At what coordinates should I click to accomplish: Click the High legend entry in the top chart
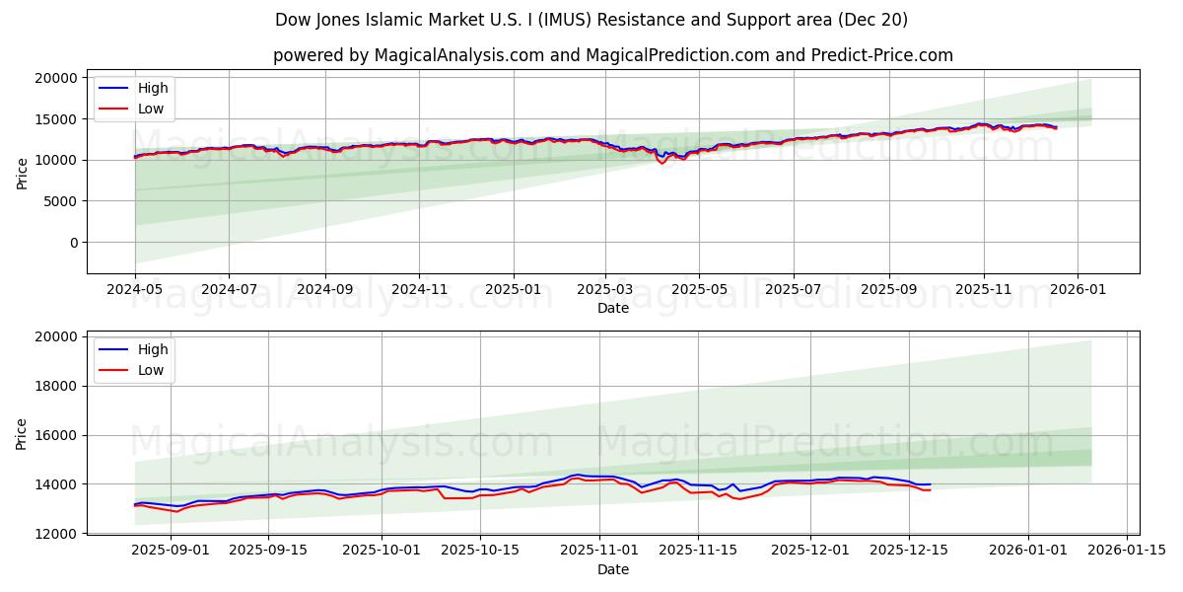tap(153, 88)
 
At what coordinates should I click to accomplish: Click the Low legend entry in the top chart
tap(151, 109)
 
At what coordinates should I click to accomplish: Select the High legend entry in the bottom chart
tap(153, 349)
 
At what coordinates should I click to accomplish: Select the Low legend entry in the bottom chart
tap(151, 370)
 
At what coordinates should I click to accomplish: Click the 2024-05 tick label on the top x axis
tap(135, 290)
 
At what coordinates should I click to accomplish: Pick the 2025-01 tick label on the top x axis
tap(513, 290)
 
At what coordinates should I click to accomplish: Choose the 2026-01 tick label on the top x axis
tap(1077, 290)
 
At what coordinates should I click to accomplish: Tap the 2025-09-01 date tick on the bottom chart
tap(171, 551)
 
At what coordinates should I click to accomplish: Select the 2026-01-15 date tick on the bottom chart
tap(1126, 551)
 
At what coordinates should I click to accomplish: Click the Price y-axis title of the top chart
tap(23, 173)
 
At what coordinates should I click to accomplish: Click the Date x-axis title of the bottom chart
tap(613, 569)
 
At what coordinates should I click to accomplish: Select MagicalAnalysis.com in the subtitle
tap(459, 55)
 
